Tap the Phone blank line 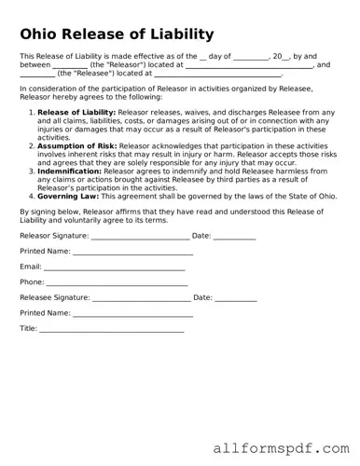click(117, 281)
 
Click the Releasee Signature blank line click(141, 297)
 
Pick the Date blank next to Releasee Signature click(236, 297)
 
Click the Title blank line click(109, 329)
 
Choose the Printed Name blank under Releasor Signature click(132, 252)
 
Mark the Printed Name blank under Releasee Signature click(132, 313)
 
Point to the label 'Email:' click(31, 267)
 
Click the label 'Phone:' click(32, 281)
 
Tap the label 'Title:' click(29, 329)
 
